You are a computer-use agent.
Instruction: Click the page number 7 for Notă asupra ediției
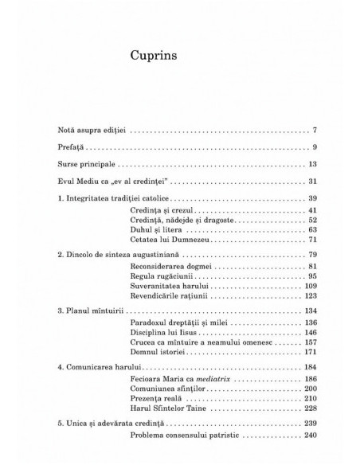315,129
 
